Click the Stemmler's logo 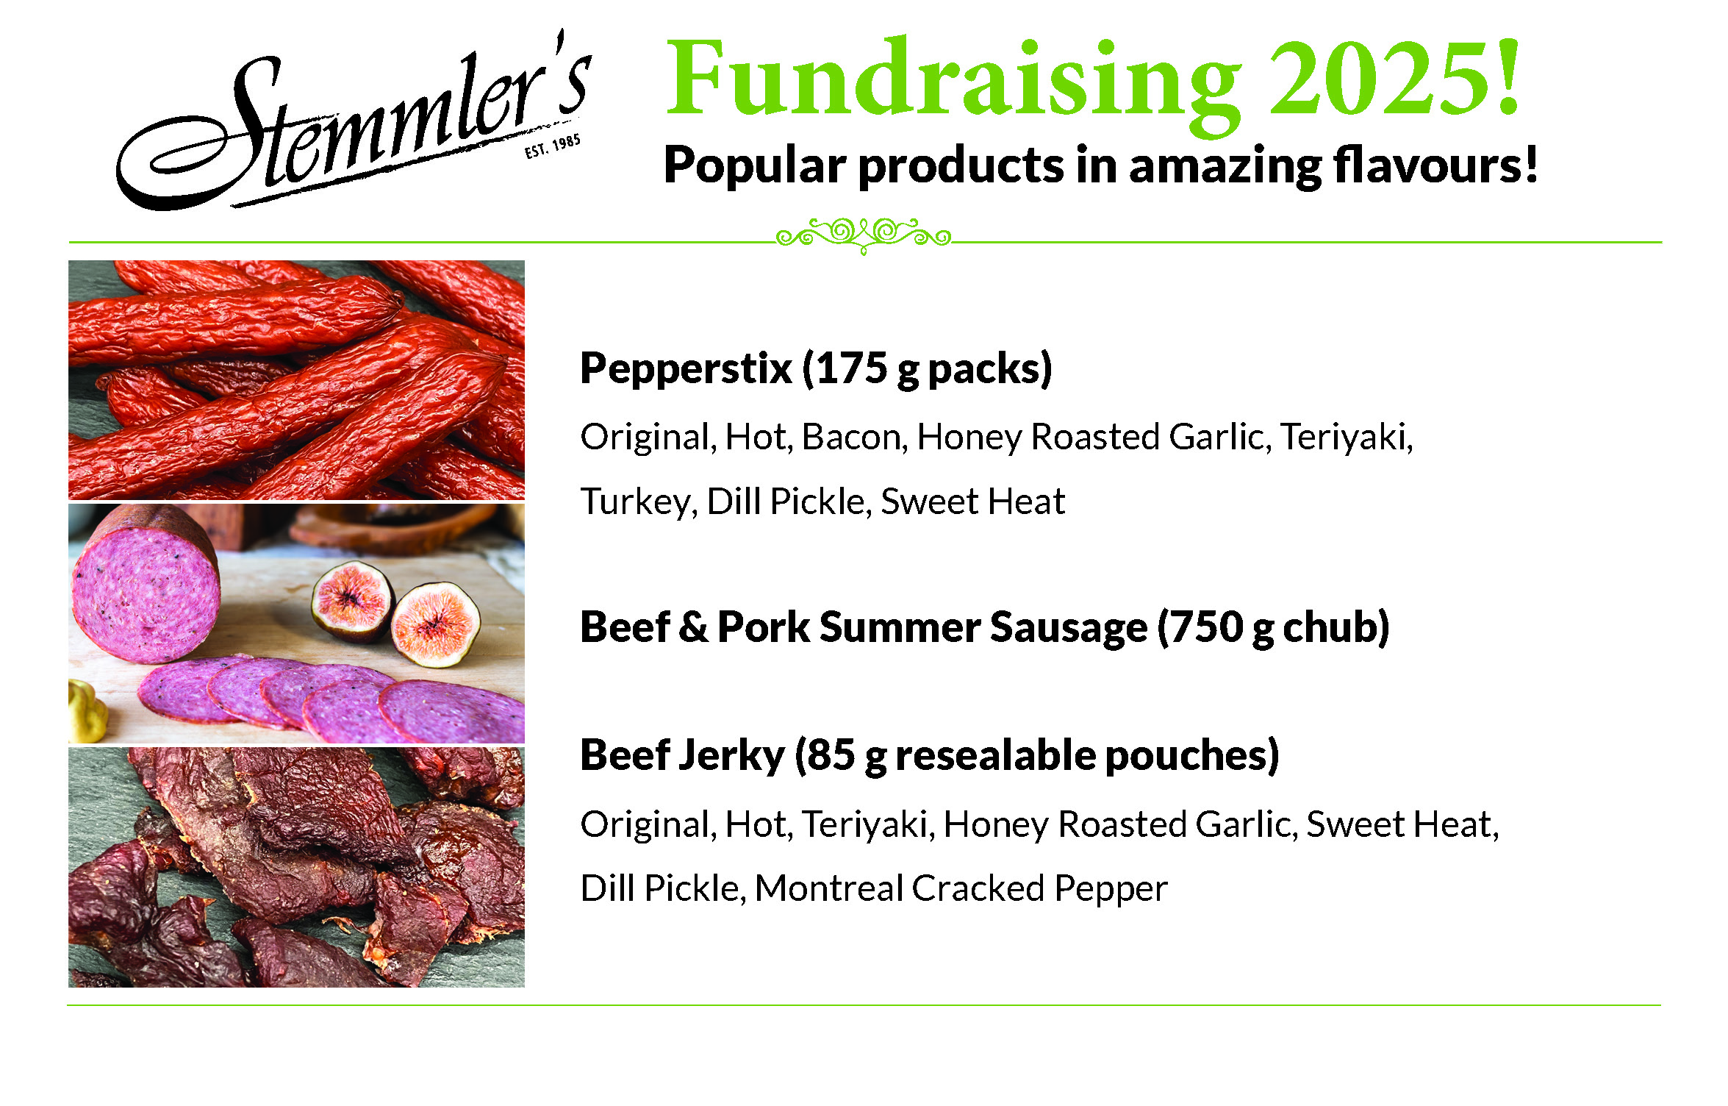point(353,121)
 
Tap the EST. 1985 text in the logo point(552,146)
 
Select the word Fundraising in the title point(953,85)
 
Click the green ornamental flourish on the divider point(864,236)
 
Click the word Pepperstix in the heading point(686,368)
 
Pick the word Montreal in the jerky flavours point(829,888)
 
